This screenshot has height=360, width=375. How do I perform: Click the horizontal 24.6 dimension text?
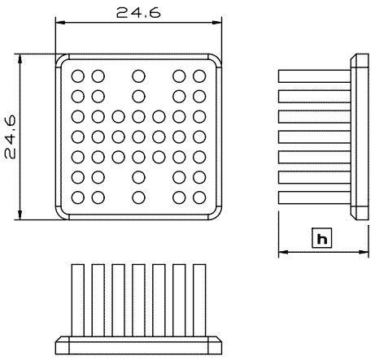(x=138, y=13)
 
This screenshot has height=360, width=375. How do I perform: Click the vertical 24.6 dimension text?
(x=11, y=137)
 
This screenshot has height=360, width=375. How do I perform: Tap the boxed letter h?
(x=322, y=238)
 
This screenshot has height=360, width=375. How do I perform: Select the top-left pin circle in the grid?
(x=78, y=76)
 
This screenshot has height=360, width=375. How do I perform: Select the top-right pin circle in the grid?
(x=199, y=76)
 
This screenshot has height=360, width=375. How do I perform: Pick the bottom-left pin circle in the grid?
(x=78, y=197)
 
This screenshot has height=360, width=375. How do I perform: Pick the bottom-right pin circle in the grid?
(x=199, y=197)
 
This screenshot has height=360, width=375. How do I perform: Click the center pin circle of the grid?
(x=138, y=137)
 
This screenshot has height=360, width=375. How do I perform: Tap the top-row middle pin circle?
(x=138, y=76)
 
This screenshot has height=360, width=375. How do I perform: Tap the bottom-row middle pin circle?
(x=138, y=197)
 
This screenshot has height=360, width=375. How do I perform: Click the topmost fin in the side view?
(x=315, y=76)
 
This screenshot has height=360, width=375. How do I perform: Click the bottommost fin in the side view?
(x=315, y=197)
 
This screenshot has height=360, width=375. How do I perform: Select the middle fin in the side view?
(x=315, y=137)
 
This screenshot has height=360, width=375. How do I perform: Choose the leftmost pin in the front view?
(x=78, y=301)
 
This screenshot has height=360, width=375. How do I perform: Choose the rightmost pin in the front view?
(x=199, y=301)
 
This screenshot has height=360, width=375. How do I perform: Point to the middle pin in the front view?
(x=138, y=301)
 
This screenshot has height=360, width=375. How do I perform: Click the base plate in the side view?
(x=360, y=137)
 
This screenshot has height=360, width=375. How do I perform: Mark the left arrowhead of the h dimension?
(x=283, y=252)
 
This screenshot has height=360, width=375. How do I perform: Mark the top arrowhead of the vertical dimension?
(x=20, y=59)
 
